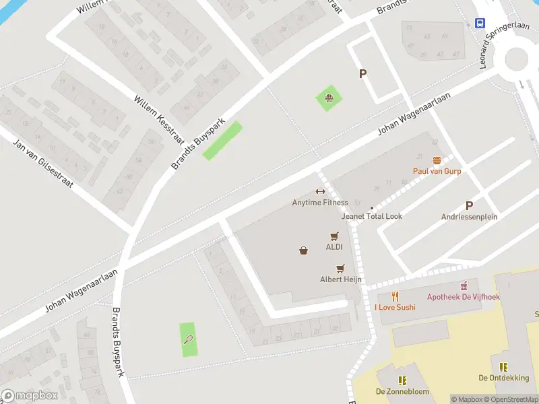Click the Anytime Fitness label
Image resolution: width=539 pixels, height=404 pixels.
click(x=320, y=203)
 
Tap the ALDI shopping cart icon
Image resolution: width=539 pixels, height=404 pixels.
click(x=334, y=236)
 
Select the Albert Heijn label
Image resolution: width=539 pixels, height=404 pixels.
click(x=341, y=279)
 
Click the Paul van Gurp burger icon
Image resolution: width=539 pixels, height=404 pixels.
click(x=437, y=160)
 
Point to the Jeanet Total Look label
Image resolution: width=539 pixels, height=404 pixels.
click(x=372, y=216)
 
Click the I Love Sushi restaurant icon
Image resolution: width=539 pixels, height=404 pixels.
click(x=395, y=296)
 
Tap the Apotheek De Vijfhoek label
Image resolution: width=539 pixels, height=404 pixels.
click(x=464, y=297)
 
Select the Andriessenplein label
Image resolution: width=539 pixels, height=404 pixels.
click(x=469, y=217)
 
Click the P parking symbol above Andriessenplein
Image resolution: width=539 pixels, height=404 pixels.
click(x=469, y=205)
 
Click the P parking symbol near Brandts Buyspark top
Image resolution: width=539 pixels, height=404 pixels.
click(x=362, y=74)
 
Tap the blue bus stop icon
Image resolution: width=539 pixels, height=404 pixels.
click(x=480, y=23)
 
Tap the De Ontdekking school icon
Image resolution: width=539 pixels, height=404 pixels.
click(x=503, y=367)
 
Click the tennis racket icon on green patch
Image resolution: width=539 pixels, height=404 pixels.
click(x=189, y=339)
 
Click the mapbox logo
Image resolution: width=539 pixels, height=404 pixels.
click(x=30, y=396)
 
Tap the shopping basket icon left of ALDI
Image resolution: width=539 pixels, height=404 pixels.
click(x=303, y=250)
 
